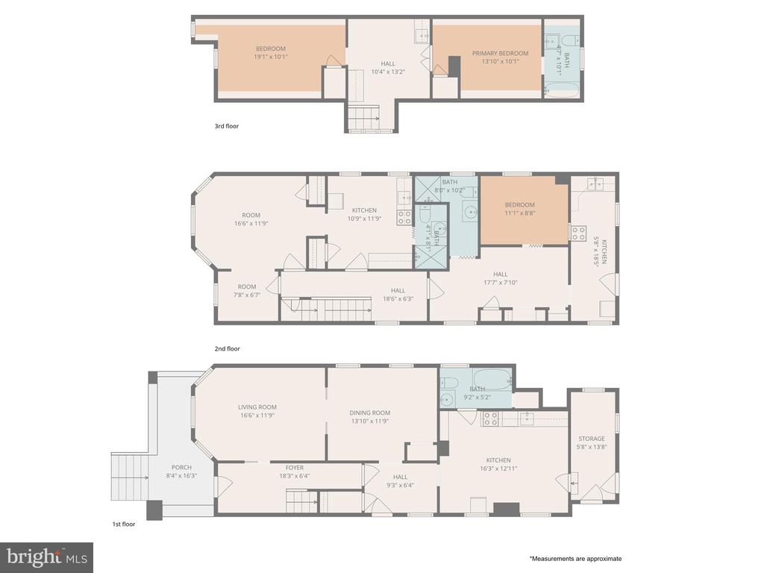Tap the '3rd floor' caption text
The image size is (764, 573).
tap(227, 126)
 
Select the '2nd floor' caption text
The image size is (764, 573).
tap(227, 349)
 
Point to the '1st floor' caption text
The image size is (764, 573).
tap(124, 525)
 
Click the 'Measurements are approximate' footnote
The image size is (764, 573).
tap(575, 559)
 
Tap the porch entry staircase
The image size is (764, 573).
tap(130, 477)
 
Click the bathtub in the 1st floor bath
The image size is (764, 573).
tap(492, 378)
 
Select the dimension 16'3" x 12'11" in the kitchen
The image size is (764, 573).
tap(498, 469)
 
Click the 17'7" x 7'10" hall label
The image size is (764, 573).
tap(501, 283)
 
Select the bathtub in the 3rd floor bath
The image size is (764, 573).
tap(562, 90)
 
